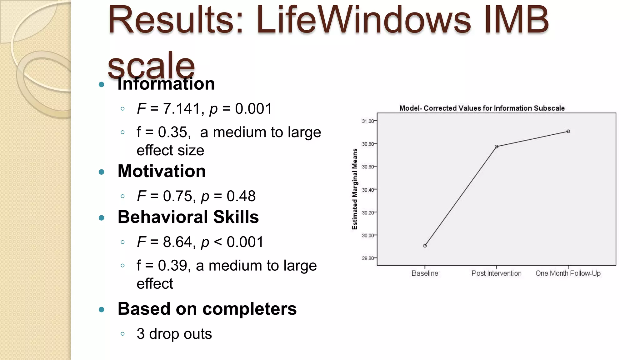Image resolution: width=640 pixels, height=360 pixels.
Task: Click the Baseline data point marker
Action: [425, 246]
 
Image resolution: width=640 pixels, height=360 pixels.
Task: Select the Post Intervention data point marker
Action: [497, 147]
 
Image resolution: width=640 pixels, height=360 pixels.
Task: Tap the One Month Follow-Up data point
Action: [568, 132]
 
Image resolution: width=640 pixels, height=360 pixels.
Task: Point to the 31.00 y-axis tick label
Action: [368, 121]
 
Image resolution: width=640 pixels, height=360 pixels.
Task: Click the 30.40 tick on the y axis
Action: [368, 190]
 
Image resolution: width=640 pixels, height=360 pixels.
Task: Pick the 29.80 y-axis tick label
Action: [368, 258]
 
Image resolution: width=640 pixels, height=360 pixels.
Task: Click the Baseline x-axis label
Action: [425, 273]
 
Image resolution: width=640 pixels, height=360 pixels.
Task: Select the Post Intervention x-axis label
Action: [496, 273]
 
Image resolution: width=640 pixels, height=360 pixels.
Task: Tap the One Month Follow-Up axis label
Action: [568, 273]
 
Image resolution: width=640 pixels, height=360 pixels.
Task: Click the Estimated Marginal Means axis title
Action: [355, 189]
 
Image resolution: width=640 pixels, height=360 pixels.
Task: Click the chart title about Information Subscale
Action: [482, 108]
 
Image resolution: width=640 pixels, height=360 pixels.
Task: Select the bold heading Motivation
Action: [162, 171]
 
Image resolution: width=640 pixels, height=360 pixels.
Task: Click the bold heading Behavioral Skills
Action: [188, 217]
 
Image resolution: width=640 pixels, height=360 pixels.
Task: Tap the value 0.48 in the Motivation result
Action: [241, 196]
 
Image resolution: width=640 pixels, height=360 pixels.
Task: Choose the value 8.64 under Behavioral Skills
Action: [177, 242]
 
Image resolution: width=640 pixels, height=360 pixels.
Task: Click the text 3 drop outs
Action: [174, 334]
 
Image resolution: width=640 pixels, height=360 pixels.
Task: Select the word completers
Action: [249, 309]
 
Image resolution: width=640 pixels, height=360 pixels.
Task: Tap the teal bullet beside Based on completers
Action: [101, 310]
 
